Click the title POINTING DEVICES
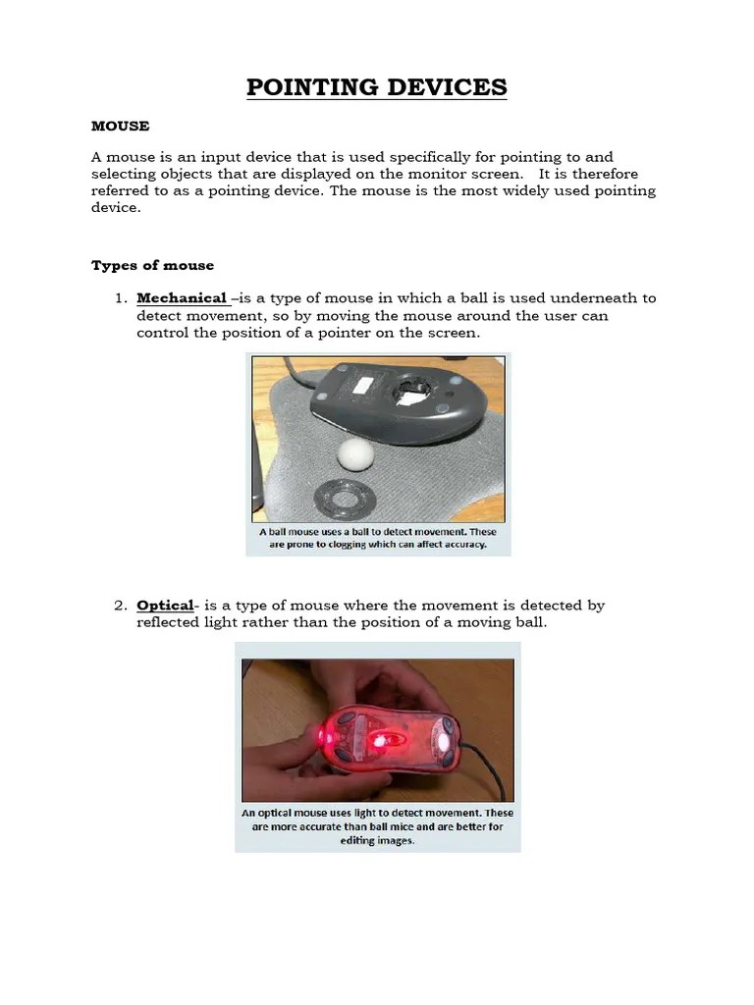(376, 87)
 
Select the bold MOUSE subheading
(120, 126)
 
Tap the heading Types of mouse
(152, 265)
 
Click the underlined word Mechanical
(182, 297)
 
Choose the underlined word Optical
(164, 606)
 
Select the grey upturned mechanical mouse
(403, 397)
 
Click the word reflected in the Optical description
(173, 622)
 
